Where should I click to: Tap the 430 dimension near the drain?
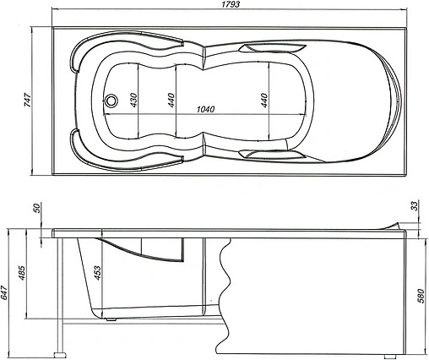(x=133, y=100)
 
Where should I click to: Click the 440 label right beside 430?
(x=171, y=100)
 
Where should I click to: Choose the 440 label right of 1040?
(x=265, y=100)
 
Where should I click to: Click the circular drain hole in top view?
(x=110, y=100)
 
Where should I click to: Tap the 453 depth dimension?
(x=99, y=272)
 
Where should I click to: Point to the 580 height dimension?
(x=420, y=296)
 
